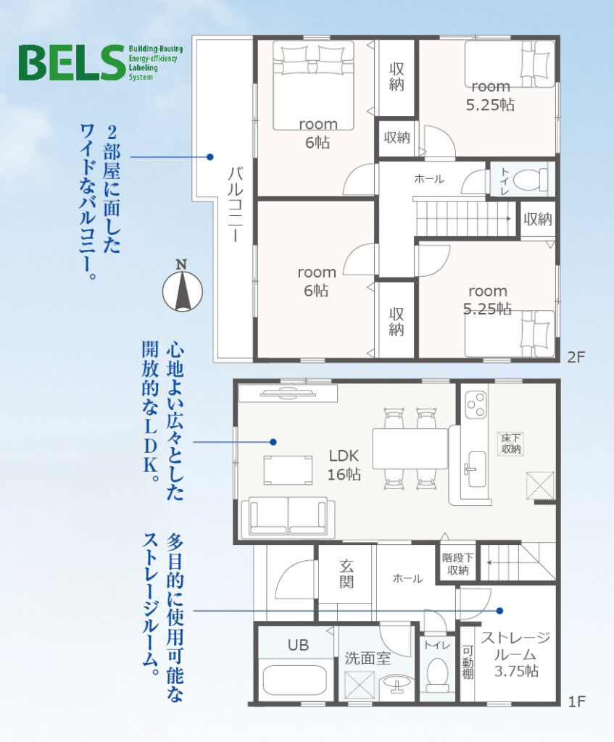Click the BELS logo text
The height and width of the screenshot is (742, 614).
(x=72, y=62)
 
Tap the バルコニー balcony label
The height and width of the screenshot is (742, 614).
(x=236, y=204)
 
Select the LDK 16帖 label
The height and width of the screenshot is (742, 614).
(x=344, y=464)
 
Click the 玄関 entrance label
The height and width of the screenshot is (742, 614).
(x=346, y=574)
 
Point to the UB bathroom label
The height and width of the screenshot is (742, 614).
(x=298, y=645)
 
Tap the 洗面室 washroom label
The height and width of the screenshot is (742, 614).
(x=368, y=658)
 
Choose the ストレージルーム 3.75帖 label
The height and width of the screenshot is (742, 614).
(x=516, y=654)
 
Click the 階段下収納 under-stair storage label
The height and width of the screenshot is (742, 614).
(x=457, y=564)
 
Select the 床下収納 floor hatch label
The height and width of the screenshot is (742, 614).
(x=511, y=443)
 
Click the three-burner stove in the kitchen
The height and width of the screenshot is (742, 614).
(x=476, y=405)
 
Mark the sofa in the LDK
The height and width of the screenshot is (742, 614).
(x=288, y=517)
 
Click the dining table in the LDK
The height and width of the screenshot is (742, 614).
(x=410, y=449)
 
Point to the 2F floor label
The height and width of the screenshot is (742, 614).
(x=576, y=357)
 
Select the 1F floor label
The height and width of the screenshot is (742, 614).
(x=576, y=701)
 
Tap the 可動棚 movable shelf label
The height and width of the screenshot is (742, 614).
(x=468, y=662)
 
